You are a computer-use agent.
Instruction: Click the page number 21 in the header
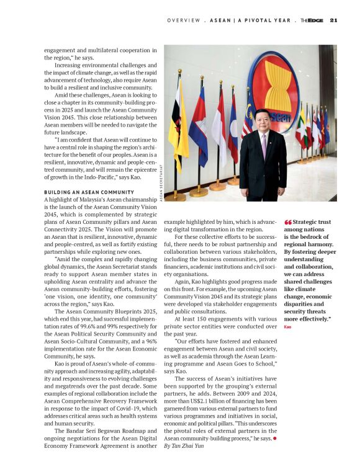click(x=333, y=20)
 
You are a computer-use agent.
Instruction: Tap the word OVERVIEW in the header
click(x=184, y=20)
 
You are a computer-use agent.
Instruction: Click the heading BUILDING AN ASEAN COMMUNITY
click(x=89, y=192)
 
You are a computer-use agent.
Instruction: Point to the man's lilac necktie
click(x=263, y=141)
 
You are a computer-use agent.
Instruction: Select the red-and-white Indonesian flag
click(x=217, y=127)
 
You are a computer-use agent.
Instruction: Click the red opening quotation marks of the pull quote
click(x=287, y=221)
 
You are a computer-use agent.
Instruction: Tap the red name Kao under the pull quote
click(x=287, y=326)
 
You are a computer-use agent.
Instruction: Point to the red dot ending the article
click(x=275, y=439)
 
